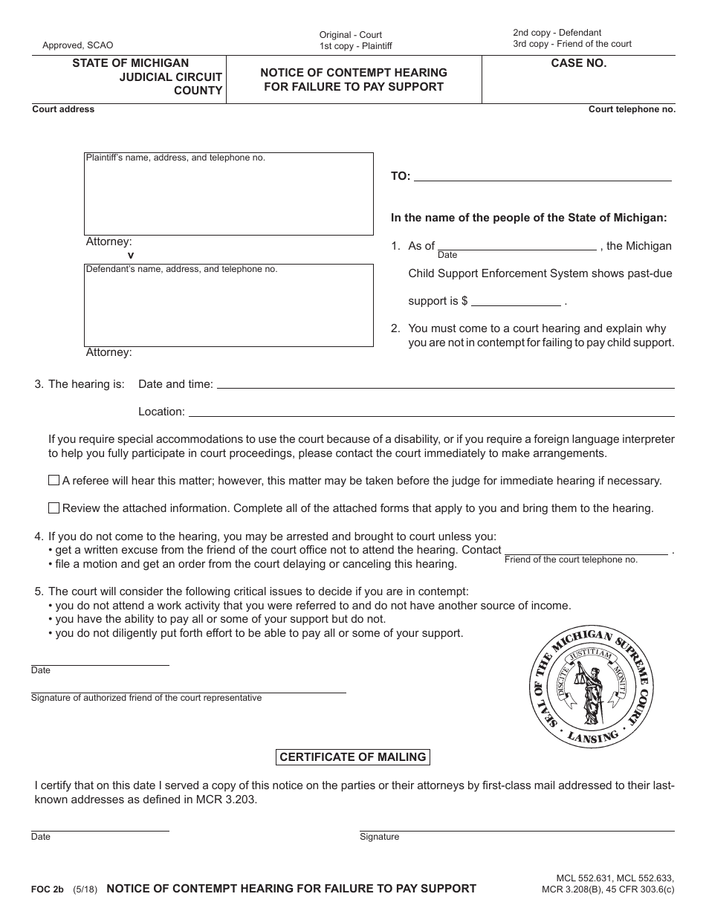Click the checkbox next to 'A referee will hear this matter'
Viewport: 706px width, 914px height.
pyautogui.click(x=54, y=481)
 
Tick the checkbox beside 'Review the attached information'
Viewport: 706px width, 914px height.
pyautogui.click(x=54, y=508)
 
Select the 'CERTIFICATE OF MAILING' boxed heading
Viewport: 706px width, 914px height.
pyautogui.click(x=353, y=757)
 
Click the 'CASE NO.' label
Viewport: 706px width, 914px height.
pyautogui.click(x=578, y=64)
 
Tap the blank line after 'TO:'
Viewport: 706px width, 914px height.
pyautogui.click(x=542, y=177)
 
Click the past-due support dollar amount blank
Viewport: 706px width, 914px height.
pyautogui.click(x=516, y=301)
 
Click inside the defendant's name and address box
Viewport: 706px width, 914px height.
pyautogui.click(x=228, y=305)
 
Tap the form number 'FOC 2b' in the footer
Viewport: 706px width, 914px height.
pyautogui.click(x=48, y=889)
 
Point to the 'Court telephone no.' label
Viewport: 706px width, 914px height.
pyautogui.click(x=632, y=109)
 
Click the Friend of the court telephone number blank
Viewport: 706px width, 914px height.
pyautogui.click(x=586, y=551)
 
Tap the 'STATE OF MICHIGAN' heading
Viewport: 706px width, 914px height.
pyautogui.click(x=130, y=64)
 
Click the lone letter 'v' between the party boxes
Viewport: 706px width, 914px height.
pyautogui.click(x=131, y=255)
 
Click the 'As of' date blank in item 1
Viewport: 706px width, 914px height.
pyautogui.click(x=516, y=246)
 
